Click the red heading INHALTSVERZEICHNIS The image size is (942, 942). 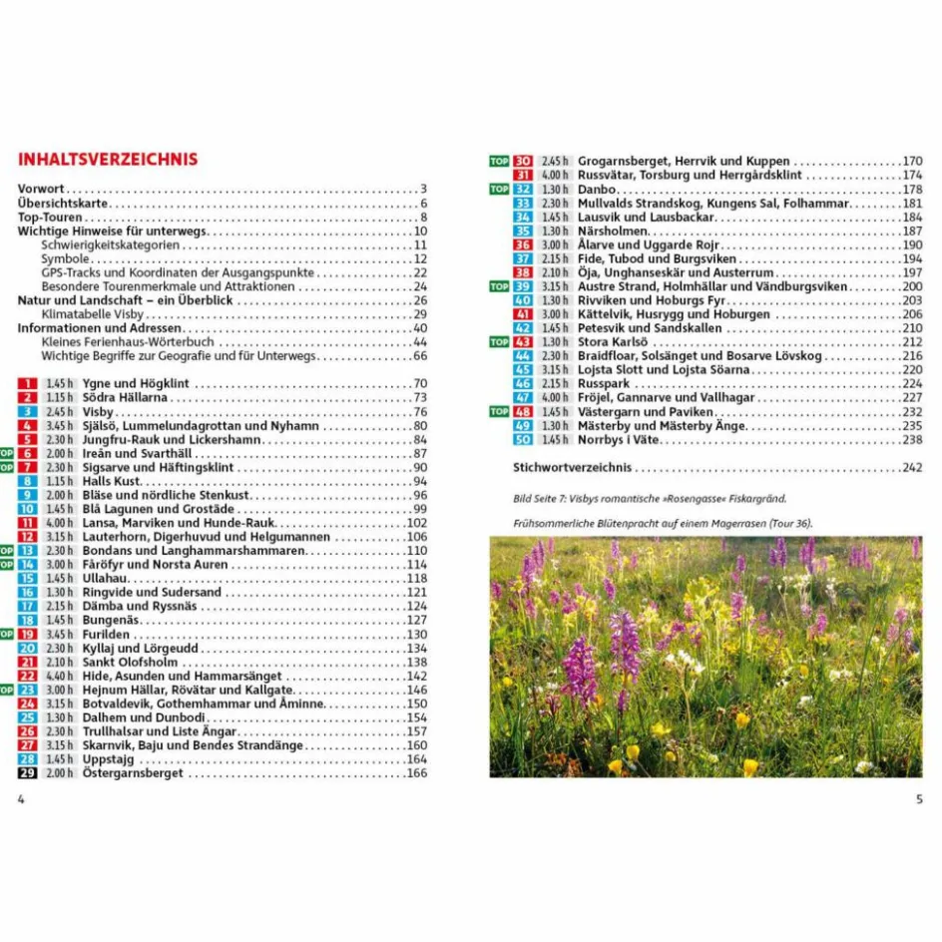[x=108, y=160]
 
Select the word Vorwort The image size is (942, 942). [x=41, y=189]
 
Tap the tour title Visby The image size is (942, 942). [x=98, y=411]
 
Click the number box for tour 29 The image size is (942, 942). [x=28, y=772]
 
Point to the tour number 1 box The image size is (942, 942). [x=28, y=383]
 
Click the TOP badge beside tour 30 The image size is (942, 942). [x=499, y=161]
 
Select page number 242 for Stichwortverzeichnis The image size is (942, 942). [x=912, y=467]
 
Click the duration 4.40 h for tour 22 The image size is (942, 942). [x=59, y=676]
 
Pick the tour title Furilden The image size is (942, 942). [x=106, y=634]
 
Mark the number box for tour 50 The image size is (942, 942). [x=523, y=439]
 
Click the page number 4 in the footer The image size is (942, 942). [x=21, y=798]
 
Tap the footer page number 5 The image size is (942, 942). [x=919, y=798]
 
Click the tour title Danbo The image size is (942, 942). [x=597, y=189]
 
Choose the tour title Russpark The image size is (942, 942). [x=604, y=383]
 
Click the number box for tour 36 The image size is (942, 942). [x=523, y=244]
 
